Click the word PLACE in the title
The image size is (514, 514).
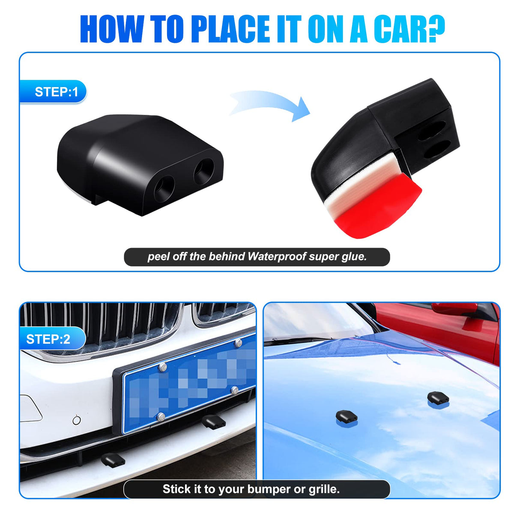[230, 29]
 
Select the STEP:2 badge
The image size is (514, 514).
[53, 339]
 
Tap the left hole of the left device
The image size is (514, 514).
[164, 188]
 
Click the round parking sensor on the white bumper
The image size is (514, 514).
[77, 420]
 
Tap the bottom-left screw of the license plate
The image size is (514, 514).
[161, 417]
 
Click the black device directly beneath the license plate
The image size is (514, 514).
[214, 422]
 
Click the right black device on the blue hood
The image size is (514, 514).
[438, 397]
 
